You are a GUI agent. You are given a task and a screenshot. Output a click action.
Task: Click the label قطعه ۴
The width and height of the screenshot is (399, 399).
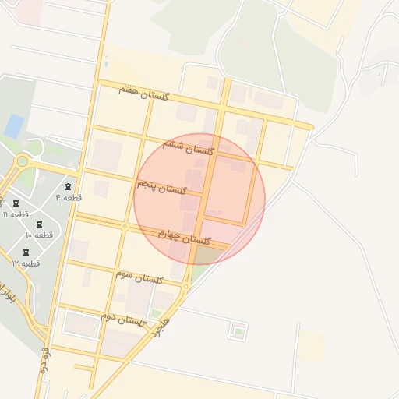tap(68, 198)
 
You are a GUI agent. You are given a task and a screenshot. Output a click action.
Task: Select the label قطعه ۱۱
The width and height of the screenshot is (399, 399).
tap(16, 214)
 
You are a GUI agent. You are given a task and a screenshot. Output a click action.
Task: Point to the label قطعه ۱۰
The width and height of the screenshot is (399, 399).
tap(38, 235)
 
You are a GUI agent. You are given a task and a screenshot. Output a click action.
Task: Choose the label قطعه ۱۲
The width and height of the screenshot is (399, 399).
tap(26, 263)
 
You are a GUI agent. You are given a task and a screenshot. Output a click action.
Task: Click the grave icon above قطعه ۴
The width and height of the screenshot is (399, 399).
tap(69, 186)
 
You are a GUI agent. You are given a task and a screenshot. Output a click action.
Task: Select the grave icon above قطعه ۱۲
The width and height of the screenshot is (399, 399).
tap(26, 252)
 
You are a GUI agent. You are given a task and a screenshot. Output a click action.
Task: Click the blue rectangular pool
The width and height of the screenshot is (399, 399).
tap(14, 125)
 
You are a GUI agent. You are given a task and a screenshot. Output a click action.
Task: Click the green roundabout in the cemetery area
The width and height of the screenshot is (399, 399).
tap(21, 161)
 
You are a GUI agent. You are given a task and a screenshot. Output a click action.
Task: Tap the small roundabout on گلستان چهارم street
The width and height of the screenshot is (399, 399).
tap(125, 226)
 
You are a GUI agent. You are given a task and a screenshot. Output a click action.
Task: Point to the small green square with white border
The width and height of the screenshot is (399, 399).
tap(238, 332)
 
